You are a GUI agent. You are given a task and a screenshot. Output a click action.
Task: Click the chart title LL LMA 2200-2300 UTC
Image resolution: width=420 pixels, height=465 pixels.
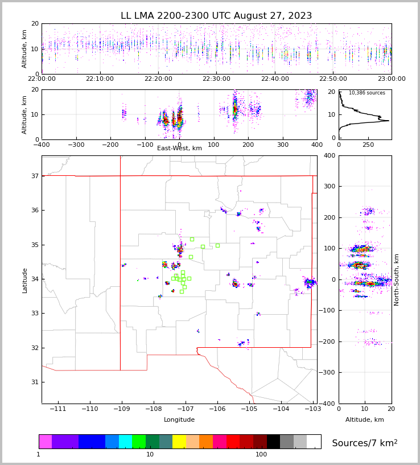pos(216,16)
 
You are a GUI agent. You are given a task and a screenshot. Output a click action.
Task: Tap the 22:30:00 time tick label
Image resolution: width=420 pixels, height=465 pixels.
pos(216,79)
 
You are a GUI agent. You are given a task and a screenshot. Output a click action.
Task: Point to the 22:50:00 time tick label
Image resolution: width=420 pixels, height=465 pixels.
pos(333,79)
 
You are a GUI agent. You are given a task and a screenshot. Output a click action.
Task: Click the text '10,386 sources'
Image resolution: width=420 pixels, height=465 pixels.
pos(367,93)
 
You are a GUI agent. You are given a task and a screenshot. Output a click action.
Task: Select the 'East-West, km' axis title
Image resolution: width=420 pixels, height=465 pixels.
pos(179,149)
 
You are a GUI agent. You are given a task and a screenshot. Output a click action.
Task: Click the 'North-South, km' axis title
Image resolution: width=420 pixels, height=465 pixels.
pos(397,279)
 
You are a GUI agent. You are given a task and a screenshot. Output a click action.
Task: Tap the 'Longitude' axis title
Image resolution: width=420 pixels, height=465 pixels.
pos(179,420)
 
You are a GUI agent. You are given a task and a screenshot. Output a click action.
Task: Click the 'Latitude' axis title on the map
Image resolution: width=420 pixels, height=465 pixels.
pos(25,280)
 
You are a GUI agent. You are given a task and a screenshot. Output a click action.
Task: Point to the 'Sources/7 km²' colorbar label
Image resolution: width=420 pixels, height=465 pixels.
pos(364,443)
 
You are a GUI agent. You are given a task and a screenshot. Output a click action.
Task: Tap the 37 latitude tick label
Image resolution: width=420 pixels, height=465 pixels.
pos(34,176)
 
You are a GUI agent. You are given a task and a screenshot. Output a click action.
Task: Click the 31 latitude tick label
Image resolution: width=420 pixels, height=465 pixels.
pos(34,382)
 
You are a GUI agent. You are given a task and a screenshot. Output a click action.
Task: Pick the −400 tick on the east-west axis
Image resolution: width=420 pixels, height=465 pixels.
pos(42,145)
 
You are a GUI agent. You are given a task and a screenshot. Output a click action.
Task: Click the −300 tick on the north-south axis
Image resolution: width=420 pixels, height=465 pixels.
pos(329,373)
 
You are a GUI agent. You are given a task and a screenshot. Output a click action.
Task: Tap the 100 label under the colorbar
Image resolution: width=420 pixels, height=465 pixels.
pos(261,454)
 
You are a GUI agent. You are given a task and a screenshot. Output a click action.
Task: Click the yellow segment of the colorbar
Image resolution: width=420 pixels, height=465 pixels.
pos(179,442)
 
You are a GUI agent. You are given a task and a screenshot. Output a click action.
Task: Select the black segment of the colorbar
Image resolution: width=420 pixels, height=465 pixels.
pos(273,442)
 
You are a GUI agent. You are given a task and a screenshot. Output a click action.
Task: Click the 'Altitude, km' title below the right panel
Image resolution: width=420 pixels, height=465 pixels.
pos(365,420)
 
